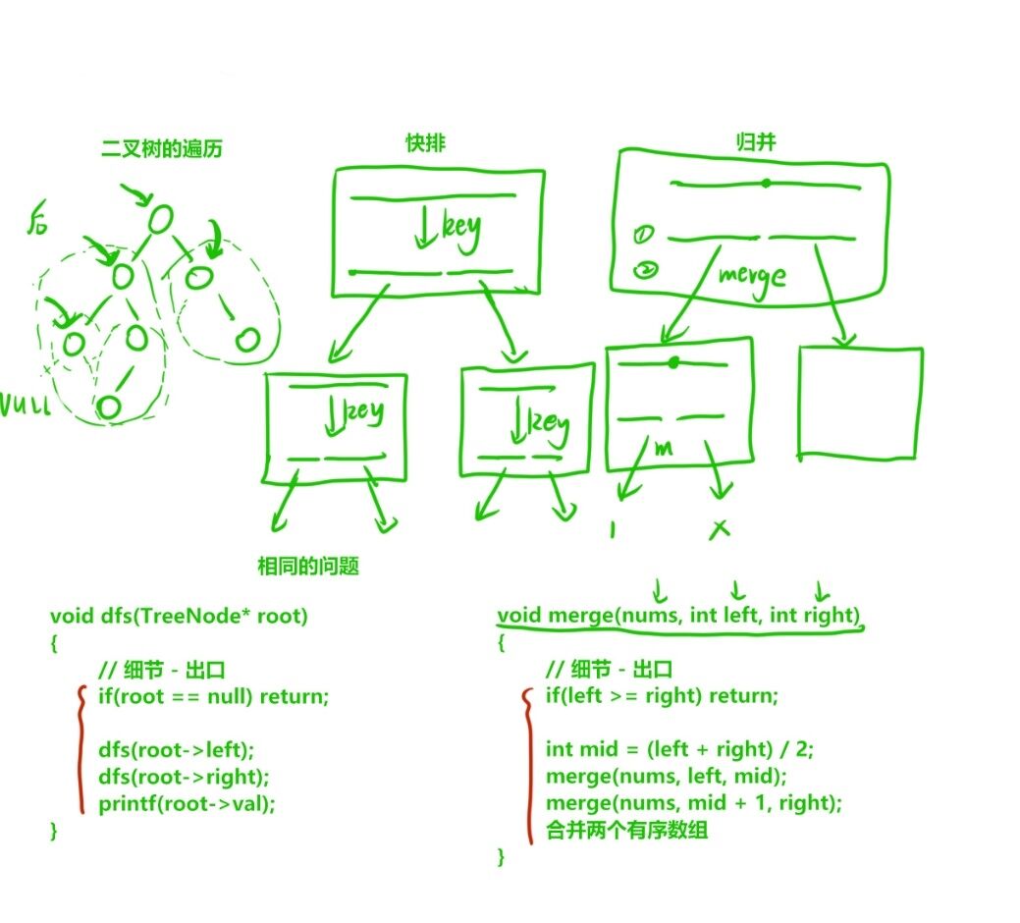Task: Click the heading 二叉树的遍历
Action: (162, 149)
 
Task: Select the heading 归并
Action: (756, 142)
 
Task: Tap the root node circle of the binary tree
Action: (161, 218)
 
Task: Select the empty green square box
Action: (860, 403)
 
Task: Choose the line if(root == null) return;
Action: (213, 696)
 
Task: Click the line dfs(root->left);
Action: (176, 749)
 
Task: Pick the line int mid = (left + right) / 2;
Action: (680, 749)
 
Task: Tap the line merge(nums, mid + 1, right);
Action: (694, 803)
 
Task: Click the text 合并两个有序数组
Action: (626, 830)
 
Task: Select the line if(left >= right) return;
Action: (662, 696)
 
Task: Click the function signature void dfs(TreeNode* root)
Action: (179, 617)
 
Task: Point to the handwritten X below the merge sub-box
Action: (720, 529)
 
